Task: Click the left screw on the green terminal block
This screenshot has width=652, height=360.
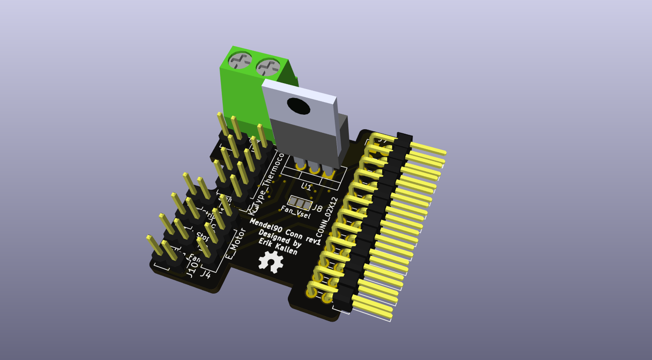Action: coord(239,60)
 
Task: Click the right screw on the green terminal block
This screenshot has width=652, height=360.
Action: coord(267,68)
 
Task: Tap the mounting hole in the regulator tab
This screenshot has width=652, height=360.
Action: coord(298,106)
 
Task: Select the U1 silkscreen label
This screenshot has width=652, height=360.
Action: coord(306,186)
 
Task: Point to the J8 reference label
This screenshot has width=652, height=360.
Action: coord(318,208)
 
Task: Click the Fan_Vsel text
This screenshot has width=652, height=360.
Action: coord(296,212)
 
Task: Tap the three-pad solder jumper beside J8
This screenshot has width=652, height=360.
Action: coord(300,203)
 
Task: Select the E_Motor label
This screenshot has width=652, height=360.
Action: coord(236,243)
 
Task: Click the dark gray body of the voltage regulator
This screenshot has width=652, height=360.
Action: coord(304,140)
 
